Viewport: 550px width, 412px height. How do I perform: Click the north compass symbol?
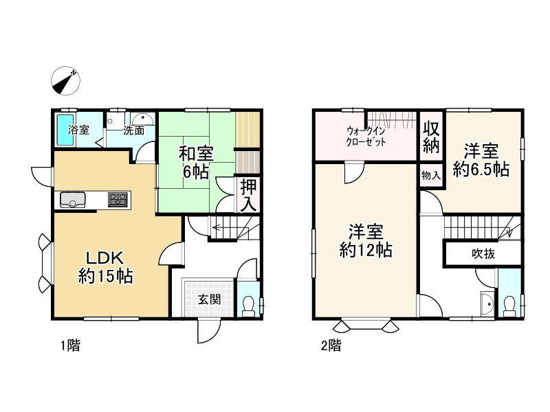65,80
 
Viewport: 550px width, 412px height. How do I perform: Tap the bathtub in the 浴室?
65,130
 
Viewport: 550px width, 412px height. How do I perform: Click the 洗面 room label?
133,130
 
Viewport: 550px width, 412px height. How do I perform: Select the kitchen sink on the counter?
73,200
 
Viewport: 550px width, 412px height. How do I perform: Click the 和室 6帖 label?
196,163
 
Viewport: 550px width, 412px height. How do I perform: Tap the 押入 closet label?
249,196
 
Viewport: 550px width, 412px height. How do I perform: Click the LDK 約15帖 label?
105,267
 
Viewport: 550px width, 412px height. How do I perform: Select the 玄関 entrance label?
210,299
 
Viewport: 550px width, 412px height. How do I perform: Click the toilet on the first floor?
249,306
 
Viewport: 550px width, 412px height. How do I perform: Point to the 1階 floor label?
71,346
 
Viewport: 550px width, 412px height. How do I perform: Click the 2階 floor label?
331,346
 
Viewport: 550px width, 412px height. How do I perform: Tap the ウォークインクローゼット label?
366,137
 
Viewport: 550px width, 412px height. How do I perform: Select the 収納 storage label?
431,137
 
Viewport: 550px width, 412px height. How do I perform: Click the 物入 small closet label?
431,175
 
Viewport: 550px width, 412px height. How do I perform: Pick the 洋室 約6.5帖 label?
481,160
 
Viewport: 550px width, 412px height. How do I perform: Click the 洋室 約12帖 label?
366,241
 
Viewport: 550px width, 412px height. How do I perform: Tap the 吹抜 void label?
483,253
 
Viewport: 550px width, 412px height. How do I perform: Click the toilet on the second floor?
509,306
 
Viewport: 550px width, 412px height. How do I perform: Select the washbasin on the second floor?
487,304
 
